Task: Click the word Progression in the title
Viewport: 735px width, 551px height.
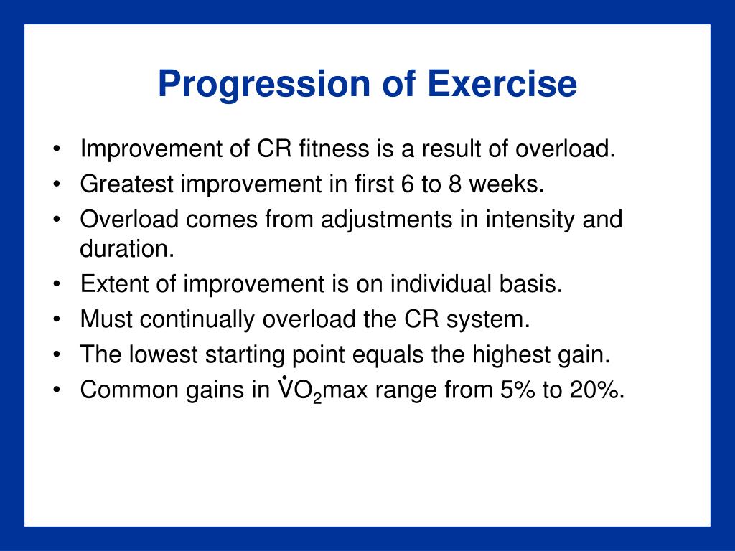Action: pos(264,85)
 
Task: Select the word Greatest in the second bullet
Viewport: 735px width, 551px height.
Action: pos(126,184)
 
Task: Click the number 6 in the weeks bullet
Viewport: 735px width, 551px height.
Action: pos(408,184)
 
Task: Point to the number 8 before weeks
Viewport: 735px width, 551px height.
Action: pos(455,184)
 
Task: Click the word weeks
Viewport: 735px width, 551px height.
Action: pos(507,184)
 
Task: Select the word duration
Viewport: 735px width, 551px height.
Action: pos(127,248)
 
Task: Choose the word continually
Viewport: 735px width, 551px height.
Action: pos(197,319)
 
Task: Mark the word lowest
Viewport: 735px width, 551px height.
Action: pos(164,354)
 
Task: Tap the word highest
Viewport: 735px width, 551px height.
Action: pos(511,355)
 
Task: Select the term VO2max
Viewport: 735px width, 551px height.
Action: pos(323,390)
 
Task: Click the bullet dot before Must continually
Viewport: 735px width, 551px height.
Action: pos(57,320)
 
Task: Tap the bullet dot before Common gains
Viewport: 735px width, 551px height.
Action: pos(57,390)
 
